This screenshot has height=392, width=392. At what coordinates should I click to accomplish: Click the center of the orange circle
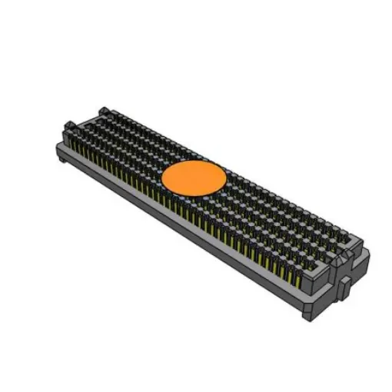pyautogui.click(x=194, y=178)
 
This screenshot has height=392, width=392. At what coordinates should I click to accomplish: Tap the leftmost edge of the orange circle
pyautogui.click(x=161, y=178)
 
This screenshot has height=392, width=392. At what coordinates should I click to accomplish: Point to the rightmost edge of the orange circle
pyautogui.click(x=228, y=178)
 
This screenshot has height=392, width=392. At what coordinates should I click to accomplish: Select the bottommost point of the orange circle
pyautogui.click(x=194, y=195)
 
